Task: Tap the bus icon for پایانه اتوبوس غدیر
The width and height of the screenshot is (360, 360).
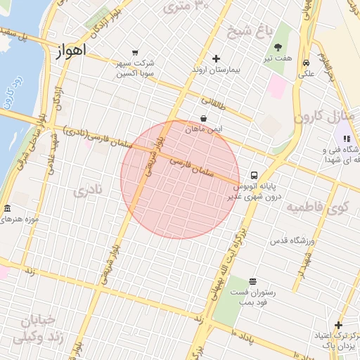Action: [253, 175]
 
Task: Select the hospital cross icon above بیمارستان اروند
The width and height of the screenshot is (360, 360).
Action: [216, 58]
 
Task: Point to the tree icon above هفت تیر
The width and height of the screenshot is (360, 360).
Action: [279, 47]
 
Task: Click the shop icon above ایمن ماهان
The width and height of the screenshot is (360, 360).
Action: [203, 118]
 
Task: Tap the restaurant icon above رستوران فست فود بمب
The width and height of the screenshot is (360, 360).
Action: [252, 281]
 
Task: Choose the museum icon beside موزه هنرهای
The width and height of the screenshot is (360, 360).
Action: [7, 210]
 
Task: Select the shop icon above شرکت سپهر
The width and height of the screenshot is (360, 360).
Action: [135, 53]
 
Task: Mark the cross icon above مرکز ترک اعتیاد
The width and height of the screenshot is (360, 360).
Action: [338, 325]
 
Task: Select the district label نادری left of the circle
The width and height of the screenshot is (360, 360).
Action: [89, 190]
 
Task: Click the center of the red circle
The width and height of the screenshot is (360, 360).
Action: [180, 180]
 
